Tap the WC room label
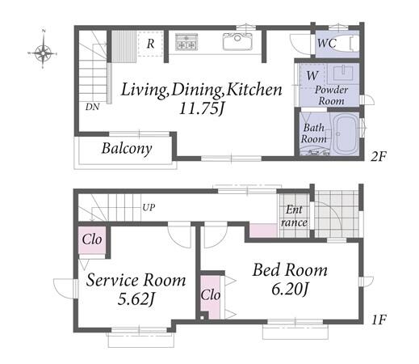327,43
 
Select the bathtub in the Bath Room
346,133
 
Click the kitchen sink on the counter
237,41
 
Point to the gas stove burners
186,42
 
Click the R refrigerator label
150,44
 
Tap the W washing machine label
312,76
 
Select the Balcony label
127,149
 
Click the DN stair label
93,107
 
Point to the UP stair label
149,208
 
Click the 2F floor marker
379,157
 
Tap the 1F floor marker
379,320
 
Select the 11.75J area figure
202,109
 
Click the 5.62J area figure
136,299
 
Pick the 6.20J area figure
290,290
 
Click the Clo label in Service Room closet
92,239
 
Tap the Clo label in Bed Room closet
211,294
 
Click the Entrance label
294,216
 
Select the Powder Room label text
332,95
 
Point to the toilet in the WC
341,43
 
